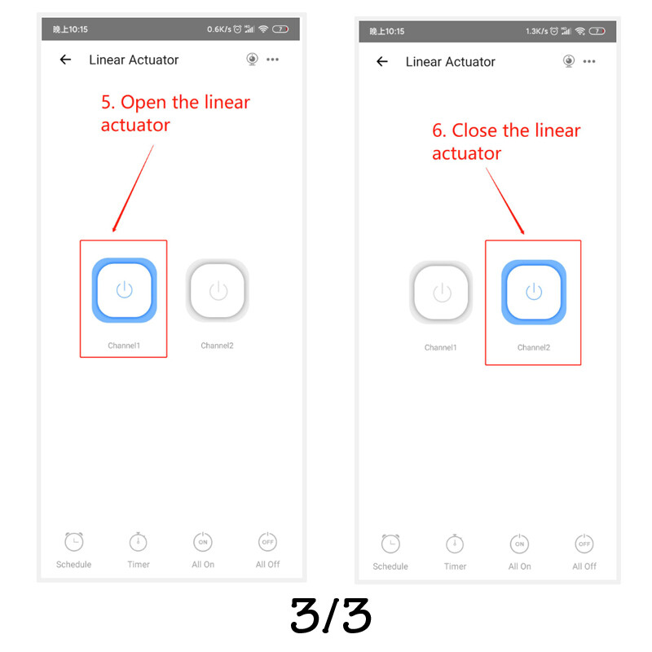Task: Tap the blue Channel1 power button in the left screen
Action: coord(125,290)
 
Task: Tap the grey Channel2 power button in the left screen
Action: coord(218,290)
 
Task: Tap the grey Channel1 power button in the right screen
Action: coord(441,293)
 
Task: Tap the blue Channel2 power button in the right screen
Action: coord(534,293)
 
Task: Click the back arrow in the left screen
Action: coord(66,59)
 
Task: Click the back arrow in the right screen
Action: coord(382,62)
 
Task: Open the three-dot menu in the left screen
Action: coord(273,59)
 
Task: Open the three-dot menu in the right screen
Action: coord(589,62)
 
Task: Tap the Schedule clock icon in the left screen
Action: coord(74,541)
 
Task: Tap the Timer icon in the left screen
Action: coord(139,541)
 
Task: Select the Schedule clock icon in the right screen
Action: coord(390,544)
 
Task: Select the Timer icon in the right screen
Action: coord(455,544)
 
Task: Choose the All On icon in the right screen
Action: coord(520,544)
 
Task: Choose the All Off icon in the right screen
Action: coord(584,544)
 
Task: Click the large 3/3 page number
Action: coord(331,616)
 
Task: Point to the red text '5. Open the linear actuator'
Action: coord(175,113)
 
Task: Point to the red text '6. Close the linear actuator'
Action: coord(506,142)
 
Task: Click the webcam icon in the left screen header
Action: coord(252,59)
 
